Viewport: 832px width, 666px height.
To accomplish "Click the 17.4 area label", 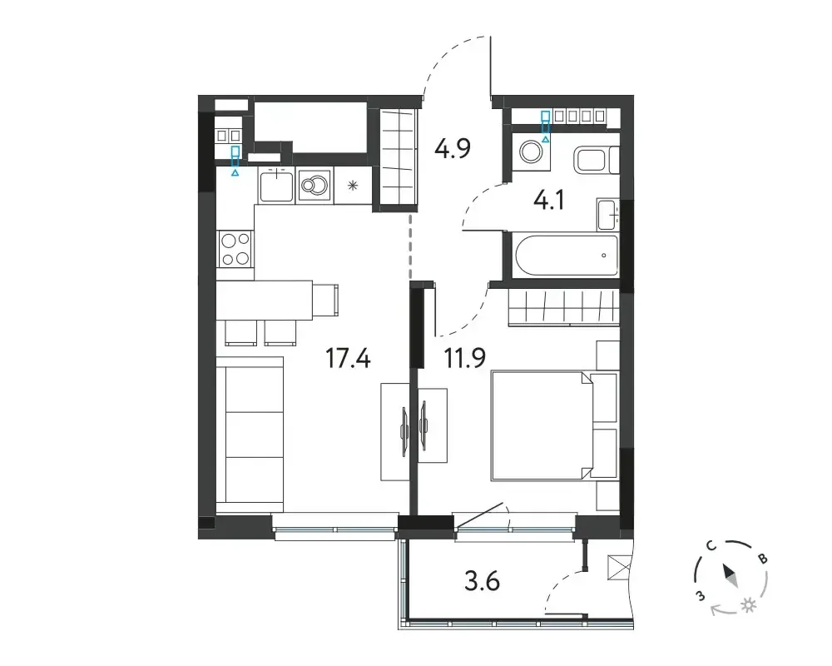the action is (x=348, y=358).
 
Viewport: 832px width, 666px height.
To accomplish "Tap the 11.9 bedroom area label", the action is (x=465, y=358).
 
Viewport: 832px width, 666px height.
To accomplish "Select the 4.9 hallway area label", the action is (x=453, y=148).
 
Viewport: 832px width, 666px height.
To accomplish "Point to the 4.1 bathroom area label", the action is (x=548, y=201).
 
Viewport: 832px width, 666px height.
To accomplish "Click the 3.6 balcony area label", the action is (x=482, y=581).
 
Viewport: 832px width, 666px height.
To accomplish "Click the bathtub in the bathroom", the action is (x=567, y=256).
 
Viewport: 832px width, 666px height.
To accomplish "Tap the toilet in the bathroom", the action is (x=596, y=159).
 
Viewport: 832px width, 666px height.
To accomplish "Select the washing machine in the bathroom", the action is (x=530, y=152).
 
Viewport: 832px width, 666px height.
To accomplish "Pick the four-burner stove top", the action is (x=235, y=249).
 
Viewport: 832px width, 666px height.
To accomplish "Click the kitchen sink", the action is (x=276, y=186).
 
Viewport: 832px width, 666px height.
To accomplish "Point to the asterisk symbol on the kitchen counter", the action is (x=352, y=186).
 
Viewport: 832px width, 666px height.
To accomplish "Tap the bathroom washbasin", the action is (x=607, y=215).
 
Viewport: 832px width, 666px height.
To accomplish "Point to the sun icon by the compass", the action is (x=749, y=606).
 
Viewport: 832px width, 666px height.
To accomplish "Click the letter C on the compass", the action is (x=711, y=546).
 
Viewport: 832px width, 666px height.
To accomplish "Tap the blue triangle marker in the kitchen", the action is (x=235, y=172).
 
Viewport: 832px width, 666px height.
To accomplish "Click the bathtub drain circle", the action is (x=604, y=256).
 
